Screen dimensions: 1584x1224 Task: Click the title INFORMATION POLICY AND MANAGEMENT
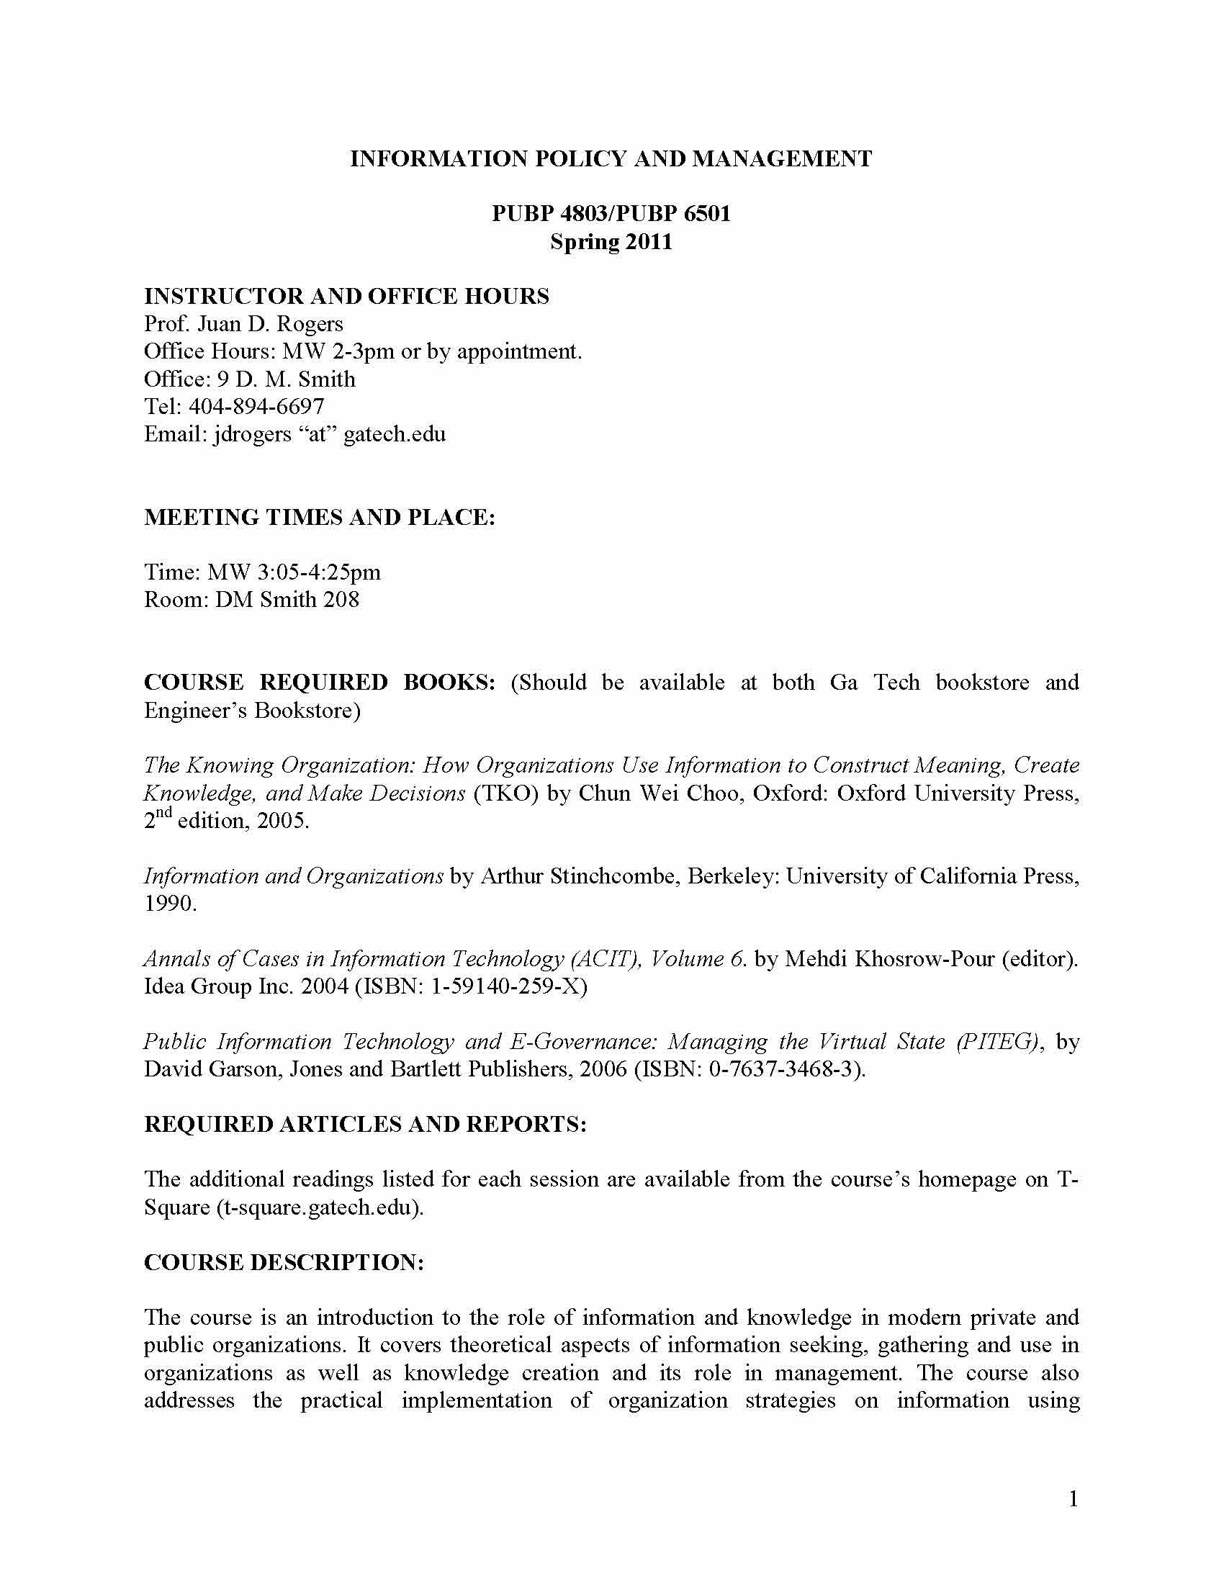coord(611,159)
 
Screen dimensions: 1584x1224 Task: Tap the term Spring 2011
coord(611,240)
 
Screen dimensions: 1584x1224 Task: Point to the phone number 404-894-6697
coord(256,406)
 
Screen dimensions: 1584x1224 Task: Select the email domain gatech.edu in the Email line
coord(395,433)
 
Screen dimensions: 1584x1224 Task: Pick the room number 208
coord(341,599)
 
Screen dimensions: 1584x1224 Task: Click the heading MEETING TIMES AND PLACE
coord(320,517)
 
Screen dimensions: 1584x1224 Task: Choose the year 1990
coord(170,904)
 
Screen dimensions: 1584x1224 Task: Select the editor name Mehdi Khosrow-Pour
coord(890,959)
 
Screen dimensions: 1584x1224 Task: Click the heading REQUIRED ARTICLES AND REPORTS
coord(365,1124)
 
